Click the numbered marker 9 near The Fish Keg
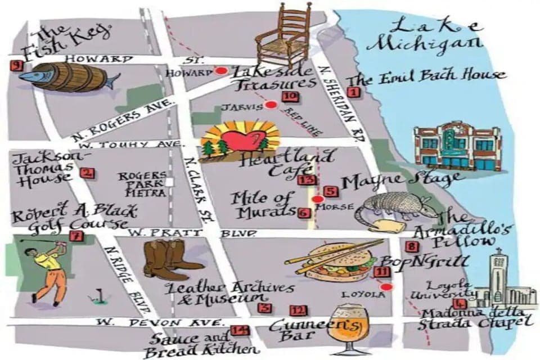point(16,66)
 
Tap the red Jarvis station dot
point(271,104)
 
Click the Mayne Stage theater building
point(457,146)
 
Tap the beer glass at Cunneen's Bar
point(346,327)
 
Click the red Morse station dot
point(318,199)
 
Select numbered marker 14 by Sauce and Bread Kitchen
point(240,331)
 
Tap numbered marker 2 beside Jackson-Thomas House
point(87,173)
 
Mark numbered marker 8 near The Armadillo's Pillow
point(412,246)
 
